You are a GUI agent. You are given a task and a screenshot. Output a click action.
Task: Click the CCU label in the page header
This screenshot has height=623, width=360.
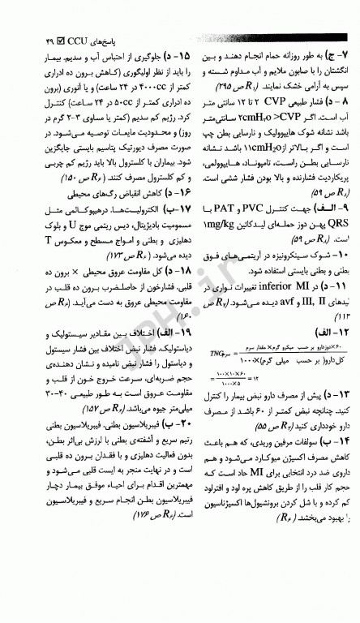pyautogui.click(x=71, y=38)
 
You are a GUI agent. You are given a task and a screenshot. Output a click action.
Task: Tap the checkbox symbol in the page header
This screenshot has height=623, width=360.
pyautogui.click(x=50, y=38)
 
